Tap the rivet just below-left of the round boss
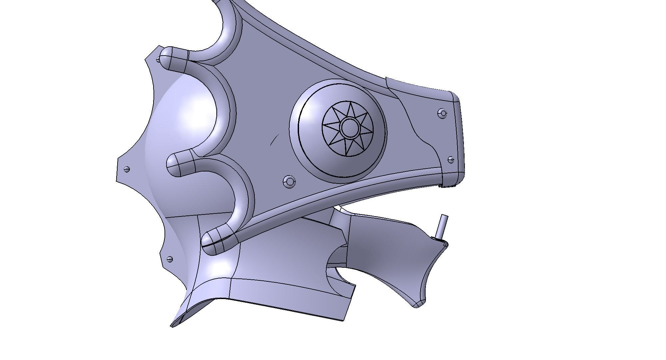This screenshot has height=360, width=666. point(289,181)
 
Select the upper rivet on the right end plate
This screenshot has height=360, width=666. point(443,113)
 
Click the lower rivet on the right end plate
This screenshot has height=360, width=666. point(451,160)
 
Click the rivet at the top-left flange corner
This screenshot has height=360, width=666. point(158,60)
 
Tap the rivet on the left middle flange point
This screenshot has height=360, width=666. point(127,169)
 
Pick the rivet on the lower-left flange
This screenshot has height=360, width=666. point(170,258)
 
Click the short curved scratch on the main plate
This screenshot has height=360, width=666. point(274,140)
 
